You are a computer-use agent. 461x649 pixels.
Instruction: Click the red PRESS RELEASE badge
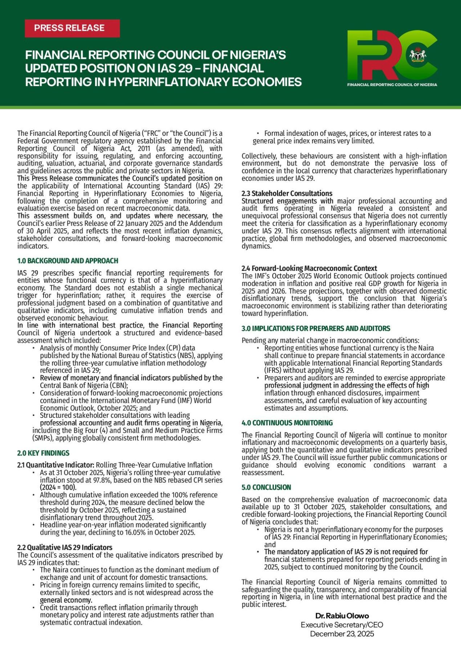[x=72, y=28]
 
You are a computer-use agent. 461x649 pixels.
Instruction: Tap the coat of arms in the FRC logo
[x=418, y=55]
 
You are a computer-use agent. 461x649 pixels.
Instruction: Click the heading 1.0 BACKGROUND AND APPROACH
[x=68, y=261]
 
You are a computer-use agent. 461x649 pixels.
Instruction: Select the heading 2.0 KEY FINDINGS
[x=43, y=453]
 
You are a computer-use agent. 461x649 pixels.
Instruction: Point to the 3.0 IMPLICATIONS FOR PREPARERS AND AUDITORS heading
[x=316, y=328]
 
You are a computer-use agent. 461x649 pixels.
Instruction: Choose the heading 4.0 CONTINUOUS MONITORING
[x=287, y=423]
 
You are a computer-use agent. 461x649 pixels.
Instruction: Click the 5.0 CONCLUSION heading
[x=266, y=487]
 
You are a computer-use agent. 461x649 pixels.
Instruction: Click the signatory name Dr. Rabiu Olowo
[x=342, y=616]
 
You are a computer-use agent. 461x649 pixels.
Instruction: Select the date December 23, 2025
[x=342, y=634]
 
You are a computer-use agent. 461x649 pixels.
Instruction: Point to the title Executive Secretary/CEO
[x=342, y=625]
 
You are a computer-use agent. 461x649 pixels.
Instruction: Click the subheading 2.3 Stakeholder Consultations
[x=287, y=193]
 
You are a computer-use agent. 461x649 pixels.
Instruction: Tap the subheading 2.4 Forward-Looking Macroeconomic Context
[x=309, y=268]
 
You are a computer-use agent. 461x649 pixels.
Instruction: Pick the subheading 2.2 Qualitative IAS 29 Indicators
[x=65, y=547]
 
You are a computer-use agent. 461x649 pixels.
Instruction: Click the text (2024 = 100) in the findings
[x=58, y=487]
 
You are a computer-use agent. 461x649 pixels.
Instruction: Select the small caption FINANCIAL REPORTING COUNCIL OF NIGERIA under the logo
[x=392, y=85]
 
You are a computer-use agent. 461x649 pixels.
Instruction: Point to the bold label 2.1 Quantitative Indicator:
[x=56, y=465]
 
